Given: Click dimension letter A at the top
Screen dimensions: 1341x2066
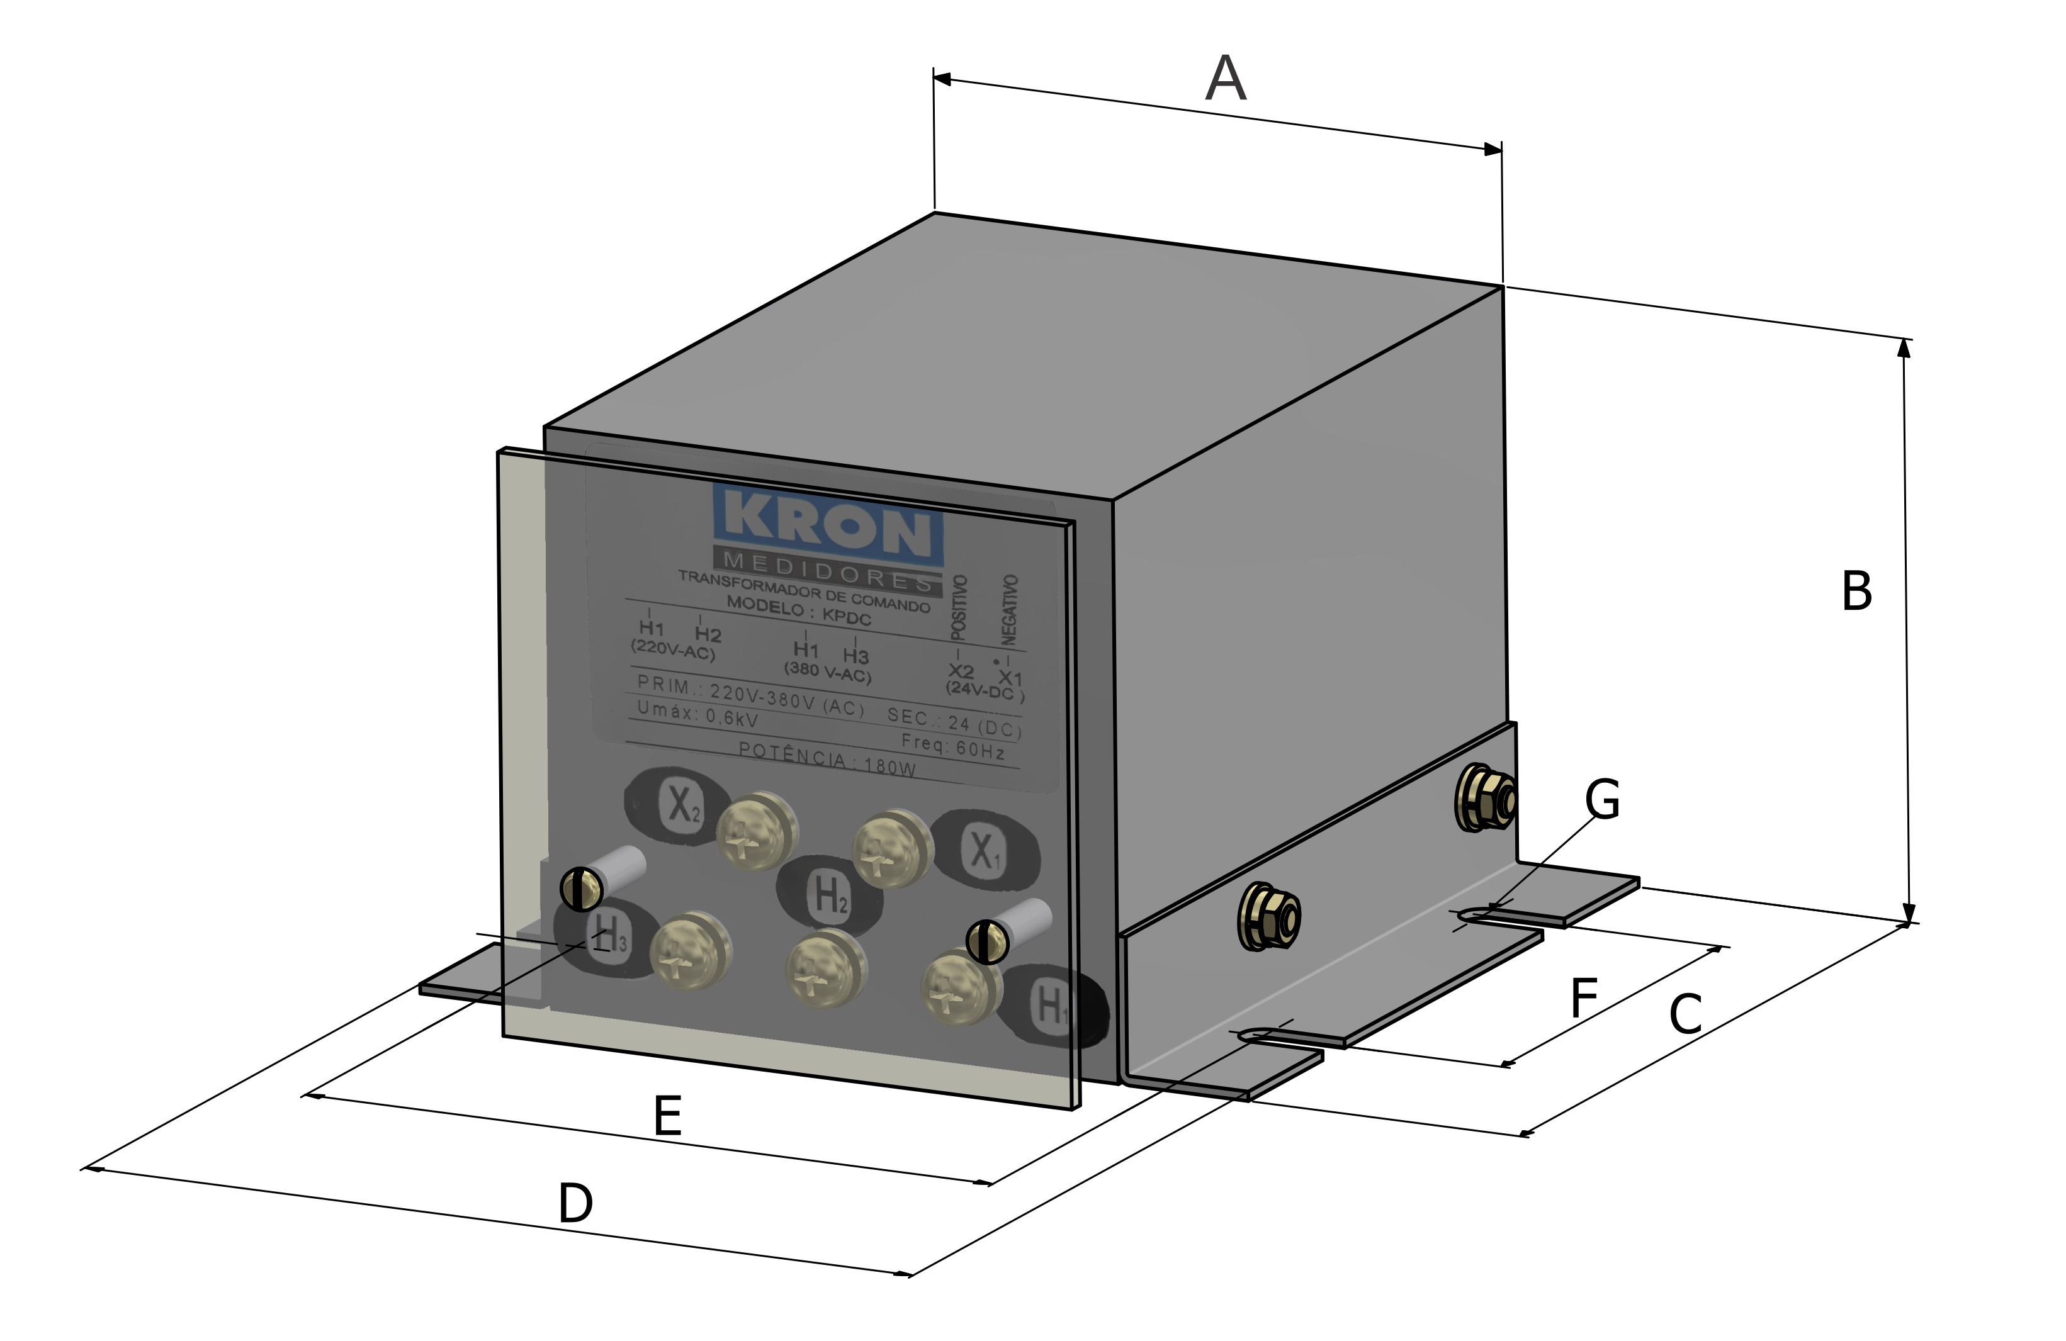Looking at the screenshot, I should click(1226, 80).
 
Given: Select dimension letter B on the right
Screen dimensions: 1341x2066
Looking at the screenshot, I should click(1857, 592).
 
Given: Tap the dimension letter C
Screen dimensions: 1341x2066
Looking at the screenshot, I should click(1686, 1014).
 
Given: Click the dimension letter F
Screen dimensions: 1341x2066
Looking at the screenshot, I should click(1584, 998).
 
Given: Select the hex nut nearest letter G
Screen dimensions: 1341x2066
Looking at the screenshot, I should click(1485, 799).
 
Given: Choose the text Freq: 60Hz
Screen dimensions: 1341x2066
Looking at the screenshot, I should click(952, 744).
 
